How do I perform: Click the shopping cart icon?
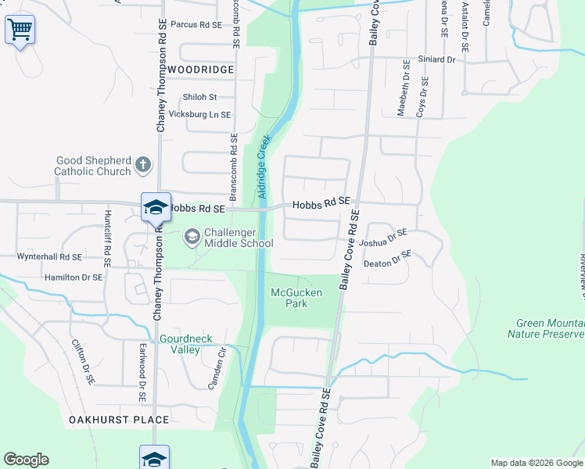click(20, 30)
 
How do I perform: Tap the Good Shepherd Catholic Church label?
click(93, 166)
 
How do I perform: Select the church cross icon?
click(142, 164)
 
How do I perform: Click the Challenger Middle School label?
click(238, 238)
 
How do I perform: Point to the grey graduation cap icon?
click(192, 235)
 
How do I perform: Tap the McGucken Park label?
click(296, 298)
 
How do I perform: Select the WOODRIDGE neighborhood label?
click(200, 70)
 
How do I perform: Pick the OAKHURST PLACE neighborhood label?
click(119, 420)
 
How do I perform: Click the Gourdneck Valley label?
click(179, 344)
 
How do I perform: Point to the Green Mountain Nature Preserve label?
click(546, 328)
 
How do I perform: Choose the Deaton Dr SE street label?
click(387, 259)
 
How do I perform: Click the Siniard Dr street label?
click(436, 59)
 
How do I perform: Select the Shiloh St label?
click(199, 97)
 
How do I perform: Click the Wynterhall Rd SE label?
click(50, 256)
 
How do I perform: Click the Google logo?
click(26, 460)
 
